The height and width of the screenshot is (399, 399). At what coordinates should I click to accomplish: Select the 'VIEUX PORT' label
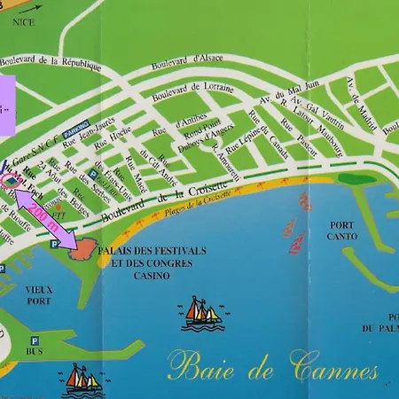[x=38, y=294]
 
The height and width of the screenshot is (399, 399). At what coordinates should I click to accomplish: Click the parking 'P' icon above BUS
[x=35, y=339]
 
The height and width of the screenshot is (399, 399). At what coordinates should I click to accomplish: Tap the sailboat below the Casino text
[x=201, y=311]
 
